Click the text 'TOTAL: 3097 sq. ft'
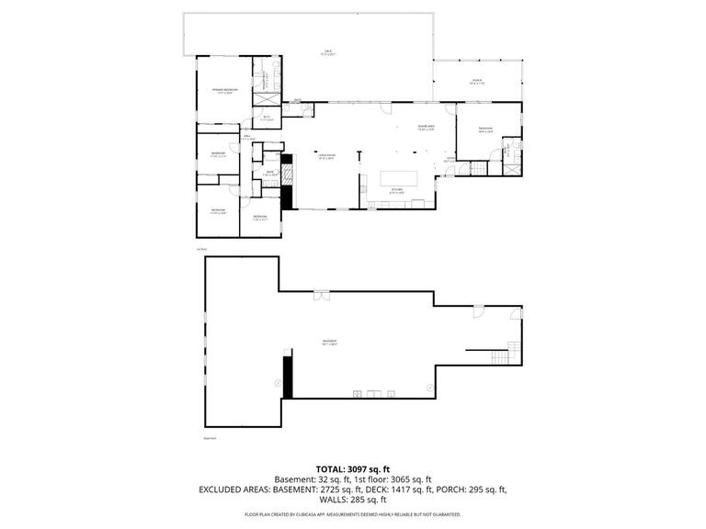pyautogui.click(x=353, y=469)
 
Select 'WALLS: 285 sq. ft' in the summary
pyautogui.click(x=353, y=501)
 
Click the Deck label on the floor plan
pyautogui.click(x=327, y=52)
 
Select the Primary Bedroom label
pyautogui.click(x=219, y=90)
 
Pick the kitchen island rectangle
pyautogui.click(x=395, y=177)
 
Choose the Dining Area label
pyautogui.click(x=426, y=128)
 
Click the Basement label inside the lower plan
pyautogui.click(x=328, y=343)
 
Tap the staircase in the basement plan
pyautogui.click(x=514, y=353)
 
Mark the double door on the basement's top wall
pyautogui.click(x=321, y=295)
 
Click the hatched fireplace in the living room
pyautogui.click(x=287, y=174)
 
